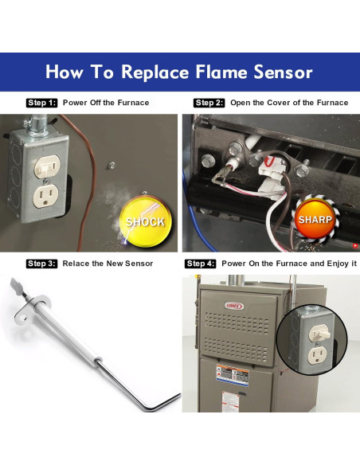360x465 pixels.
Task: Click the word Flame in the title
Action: [x=217, y=72]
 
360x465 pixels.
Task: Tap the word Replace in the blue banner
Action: [x=151, y=72]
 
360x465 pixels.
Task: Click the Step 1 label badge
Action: [x=41, y=103]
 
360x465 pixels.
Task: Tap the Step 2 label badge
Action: [x=209, y=103]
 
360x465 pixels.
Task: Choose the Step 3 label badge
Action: [x=41, y=264]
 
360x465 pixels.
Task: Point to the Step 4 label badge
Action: [x=201, y=264]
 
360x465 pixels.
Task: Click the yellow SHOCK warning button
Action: [x=144, y=221]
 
